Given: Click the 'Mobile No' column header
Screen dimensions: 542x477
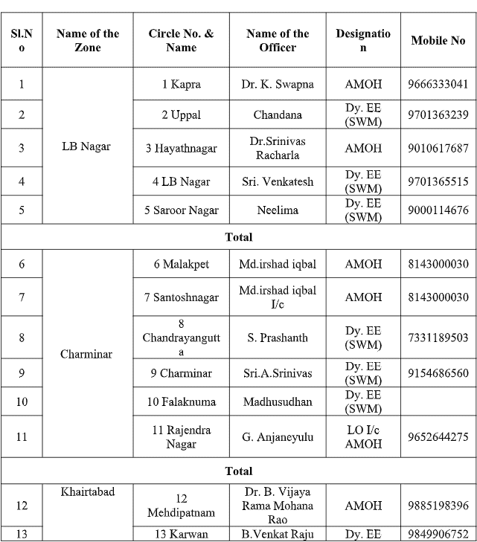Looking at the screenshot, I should coord(438,41).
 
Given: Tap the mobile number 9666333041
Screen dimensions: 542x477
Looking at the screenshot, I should coord(438,84).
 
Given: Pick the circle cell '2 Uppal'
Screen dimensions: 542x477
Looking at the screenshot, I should coord(181,115).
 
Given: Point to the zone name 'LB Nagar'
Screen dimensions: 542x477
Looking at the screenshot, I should coord(86,146).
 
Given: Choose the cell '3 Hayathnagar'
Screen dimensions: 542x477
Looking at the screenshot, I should coord(181,148).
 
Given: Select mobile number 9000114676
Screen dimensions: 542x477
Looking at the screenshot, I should coord(438,210).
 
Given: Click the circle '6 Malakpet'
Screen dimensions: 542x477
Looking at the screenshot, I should coord(181,264).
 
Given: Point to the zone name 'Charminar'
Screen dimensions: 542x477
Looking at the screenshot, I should coord(86,354).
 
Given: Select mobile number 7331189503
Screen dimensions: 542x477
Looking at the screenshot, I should coord(438,338).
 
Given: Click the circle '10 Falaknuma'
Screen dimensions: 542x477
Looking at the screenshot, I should coord(181,401).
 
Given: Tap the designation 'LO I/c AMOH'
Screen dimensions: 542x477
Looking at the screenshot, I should coord(363,436).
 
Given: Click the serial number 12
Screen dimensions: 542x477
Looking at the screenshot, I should coord(22,506).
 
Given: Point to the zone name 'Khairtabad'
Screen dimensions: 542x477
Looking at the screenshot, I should coord(86,492).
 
